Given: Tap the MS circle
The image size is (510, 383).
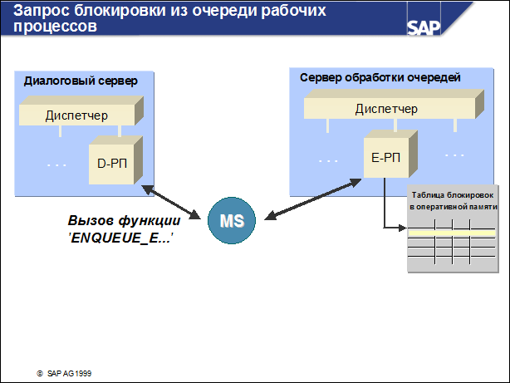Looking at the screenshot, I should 233,221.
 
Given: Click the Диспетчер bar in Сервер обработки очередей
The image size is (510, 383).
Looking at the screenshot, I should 385,109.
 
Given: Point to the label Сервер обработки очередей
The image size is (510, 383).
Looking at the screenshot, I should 380,77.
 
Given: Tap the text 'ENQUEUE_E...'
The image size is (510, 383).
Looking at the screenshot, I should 125,238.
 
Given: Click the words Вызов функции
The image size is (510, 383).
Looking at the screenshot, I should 125,222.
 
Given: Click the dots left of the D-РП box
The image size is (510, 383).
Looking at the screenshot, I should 56,164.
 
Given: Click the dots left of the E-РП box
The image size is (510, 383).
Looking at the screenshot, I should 329,158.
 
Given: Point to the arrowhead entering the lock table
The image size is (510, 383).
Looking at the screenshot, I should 405,225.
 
